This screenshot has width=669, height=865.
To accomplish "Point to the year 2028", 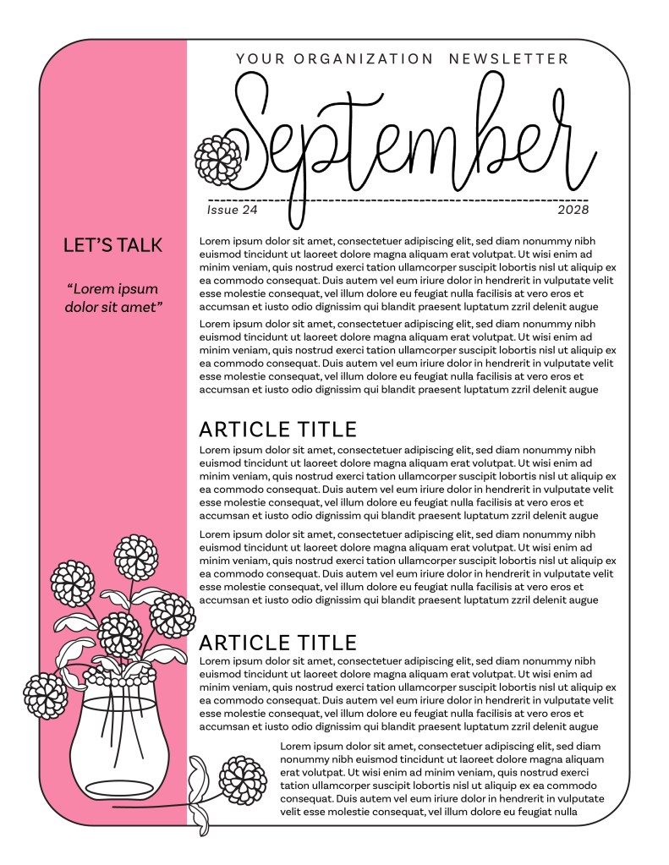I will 573,210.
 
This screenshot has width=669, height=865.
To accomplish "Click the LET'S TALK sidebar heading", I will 112,245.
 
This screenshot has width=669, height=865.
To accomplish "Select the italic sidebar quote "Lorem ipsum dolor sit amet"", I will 112,298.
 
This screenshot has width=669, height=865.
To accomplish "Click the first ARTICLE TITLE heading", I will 277,429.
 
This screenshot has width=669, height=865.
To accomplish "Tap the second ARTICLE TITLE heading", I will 277,642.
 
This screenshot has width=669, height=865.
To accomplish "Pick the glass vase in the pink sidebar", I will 116,744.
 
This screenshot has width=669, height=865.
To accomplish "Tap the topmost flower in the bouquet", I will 137,556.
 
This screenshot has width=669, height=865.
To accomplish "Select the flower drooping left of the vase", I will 45,694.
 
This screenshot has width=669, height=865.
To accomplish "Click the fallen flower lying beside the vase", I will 242,780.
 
